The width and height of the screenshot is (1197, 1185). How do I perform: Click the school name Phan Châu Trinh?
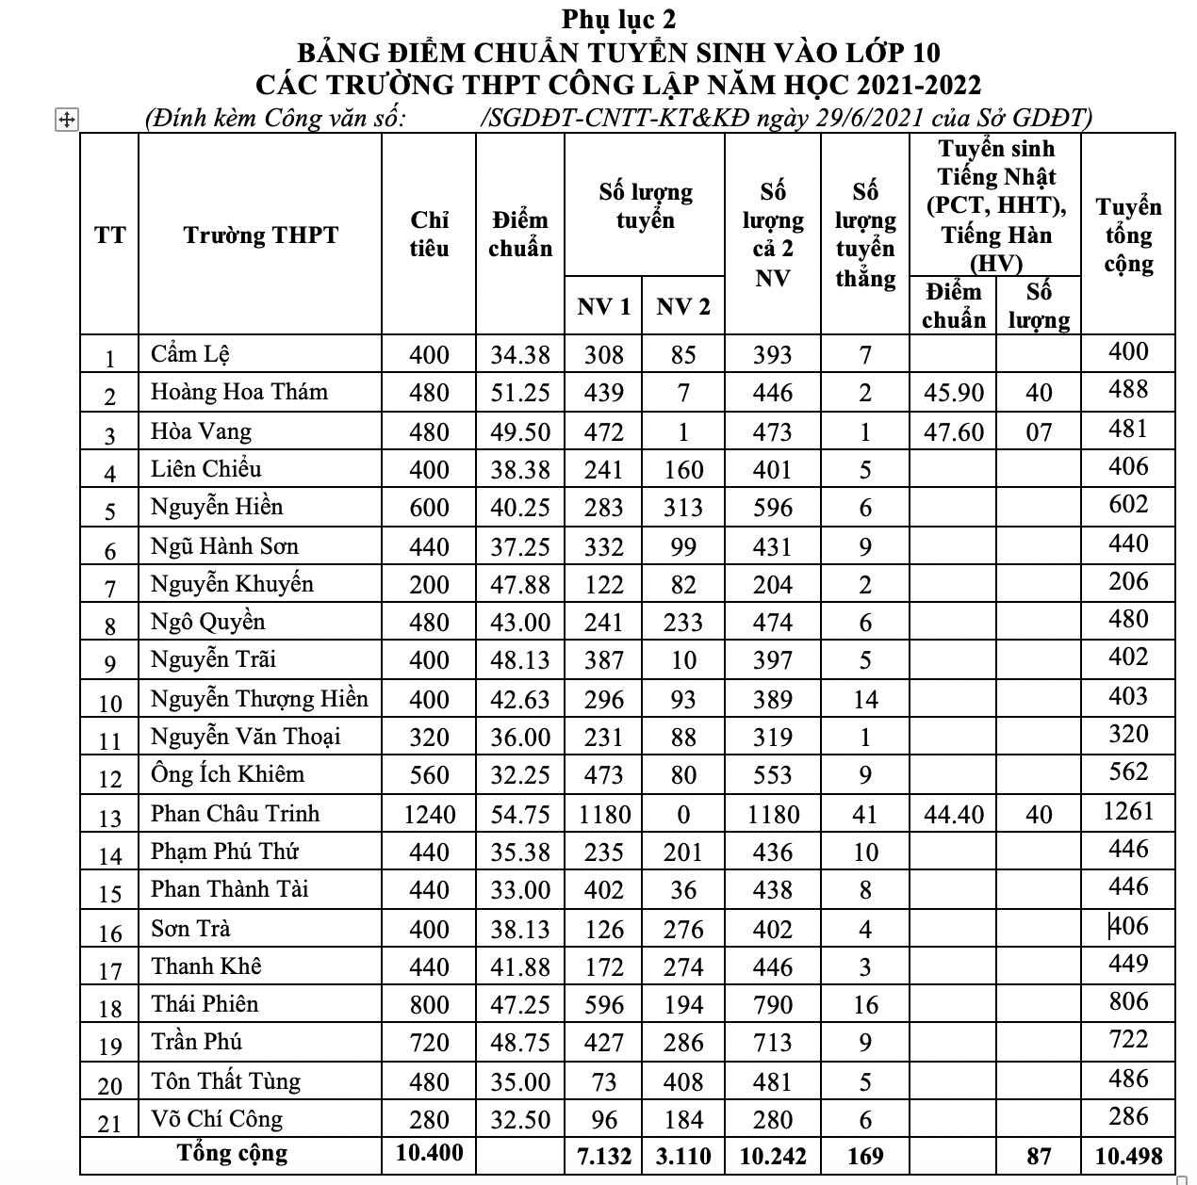pos(235,813)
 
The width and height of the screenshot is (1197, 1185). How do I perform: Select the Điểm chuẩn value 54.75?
pos(519,814)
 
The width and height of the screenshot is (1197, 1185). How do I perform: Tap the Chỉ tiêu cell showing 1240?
pos(429,814)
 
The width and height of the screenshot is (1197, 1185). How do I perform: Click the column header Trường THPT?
pos(260,235)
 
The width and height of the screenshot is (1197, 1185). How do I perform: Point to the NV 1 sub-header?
pos(603,306)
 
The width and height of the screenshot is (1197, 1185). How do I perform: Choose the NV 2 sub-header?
pos(683,306)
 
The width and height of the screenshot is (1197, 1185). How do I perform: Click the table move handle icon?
pos(67,120)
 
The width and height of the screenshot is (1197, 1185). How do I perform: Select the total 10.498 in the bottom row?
pos(1128,1155)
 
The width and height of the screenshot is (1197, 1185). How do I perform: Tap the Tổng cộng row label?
pos(232,1153)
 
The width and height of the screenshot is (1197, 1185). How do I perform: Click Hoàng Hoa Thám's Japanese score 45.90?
pos(954,392)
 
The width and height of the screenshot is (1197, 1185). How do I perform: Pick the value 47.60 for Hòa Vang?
pos(954,431)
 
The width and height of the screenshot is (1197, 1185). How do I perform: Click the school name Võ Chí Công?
pos(217,1118)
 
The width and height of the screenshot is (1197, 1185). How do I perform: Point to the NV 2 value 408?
pos(683,1081)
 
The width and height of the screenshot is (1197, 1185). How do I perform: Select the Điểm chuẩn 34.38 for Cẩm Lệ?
pos(519,354)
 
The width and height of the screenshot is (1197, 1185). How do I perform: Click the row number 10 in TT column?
pos(110,703)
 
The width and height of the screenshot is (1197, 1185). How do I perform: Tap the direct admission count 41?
pos(864,814)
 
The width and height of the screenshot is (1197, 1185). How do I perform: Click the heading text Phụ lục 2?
pos(618,18)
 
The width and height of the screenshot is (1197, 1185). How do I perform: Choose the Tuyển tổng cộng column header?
pos(1128,235)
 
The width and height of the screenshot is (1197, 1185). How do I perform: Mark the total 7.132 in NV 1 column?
pos(603,1155)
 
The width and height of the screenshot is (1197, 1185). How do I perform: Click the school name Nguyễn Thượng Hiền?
pos(259,698)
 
